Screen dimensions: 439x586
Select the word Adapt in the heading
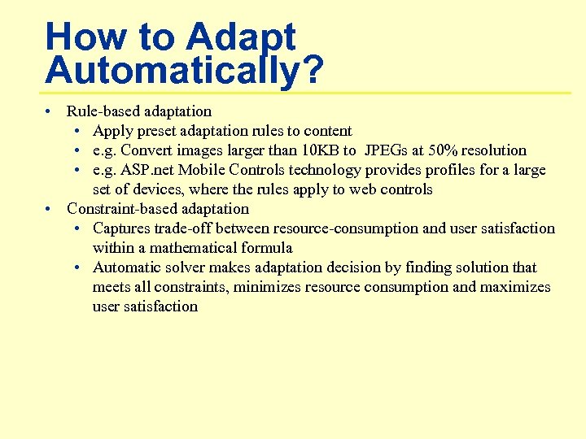[x=240, y=37]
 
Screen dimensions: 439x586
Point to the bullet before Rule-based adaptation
[x=50, y=111]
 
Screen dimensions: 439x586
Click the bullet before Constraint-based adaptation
[x=50, y=209]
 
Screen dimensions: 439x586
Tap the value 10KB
[x=314, y=150]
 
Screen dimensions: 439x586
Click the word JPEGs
[x=388, y=150]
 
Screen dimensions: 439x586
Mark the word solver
[x=183, y=267]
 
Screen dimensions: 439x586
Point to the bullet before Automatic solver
[x=76, y=267]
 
